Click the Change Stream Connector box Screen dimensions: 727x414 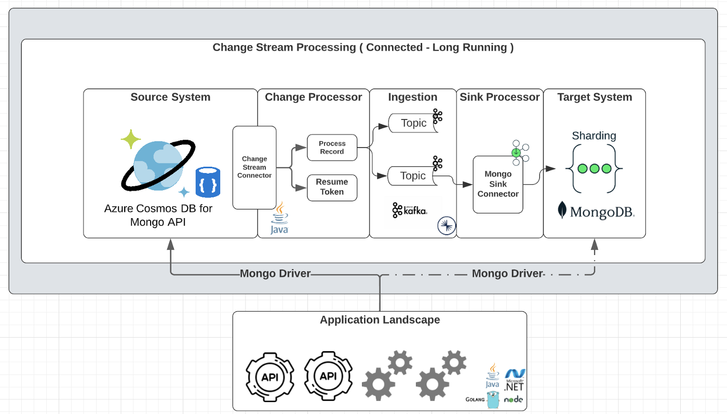pos(254,168)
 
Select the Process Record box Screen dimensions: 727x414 pos(332,148)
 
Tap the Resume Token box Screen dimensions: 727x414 pos(332,188)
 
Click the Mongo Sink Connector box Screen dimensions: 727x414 pos(498,184)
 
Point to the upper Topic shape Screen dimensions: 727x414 pos(413,123)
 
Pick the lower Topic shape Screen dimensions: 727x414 pos(412,176)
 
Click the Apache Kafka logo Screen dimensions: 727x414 pos(410,210)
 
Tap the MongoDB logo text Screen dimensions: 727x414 pos(602,212)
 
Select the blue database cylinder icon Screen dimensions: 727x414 pos(208,182)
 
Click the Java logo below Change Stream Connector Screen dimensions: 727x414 pos(279,218)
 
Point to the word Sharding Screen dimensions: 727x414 pos(594,136)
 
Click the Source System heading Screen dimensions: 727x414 pos(170,97)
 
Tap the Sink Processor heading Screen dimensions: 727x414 pos(500,97)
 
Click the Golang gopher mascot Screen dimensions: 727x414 pos(493,399)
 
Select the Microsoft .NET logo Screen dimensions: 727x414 pos(515,380)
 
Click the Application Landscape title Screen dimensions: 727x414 pos(380,320)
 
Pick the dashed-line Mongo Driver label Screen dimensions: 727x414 pos(507,273)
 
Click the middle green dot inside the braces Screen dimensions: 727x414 pos(594,168)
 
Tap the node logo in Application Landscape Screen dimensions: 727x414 pos(514,399)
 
